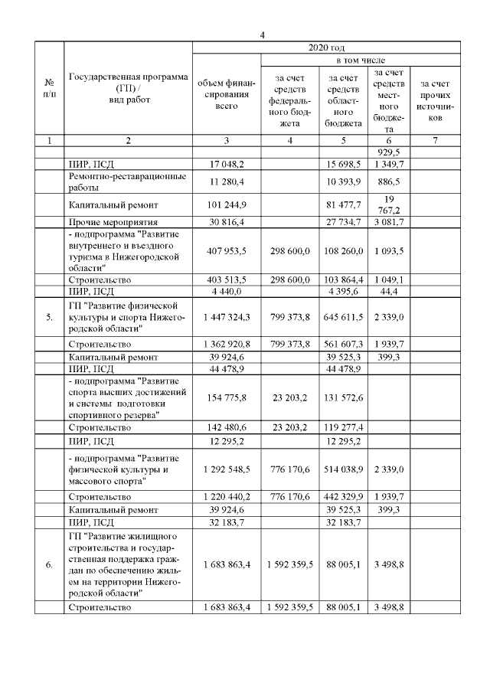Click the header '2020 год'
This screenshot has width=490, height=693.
click(x=326, y=47)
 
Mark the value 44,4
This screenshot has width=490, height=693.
click(x=389, y=291)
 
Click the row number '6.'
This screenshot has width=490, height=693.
click(x=49, y=565)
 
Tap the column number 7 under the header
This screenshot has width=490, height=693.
click(x=434, y=140)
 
